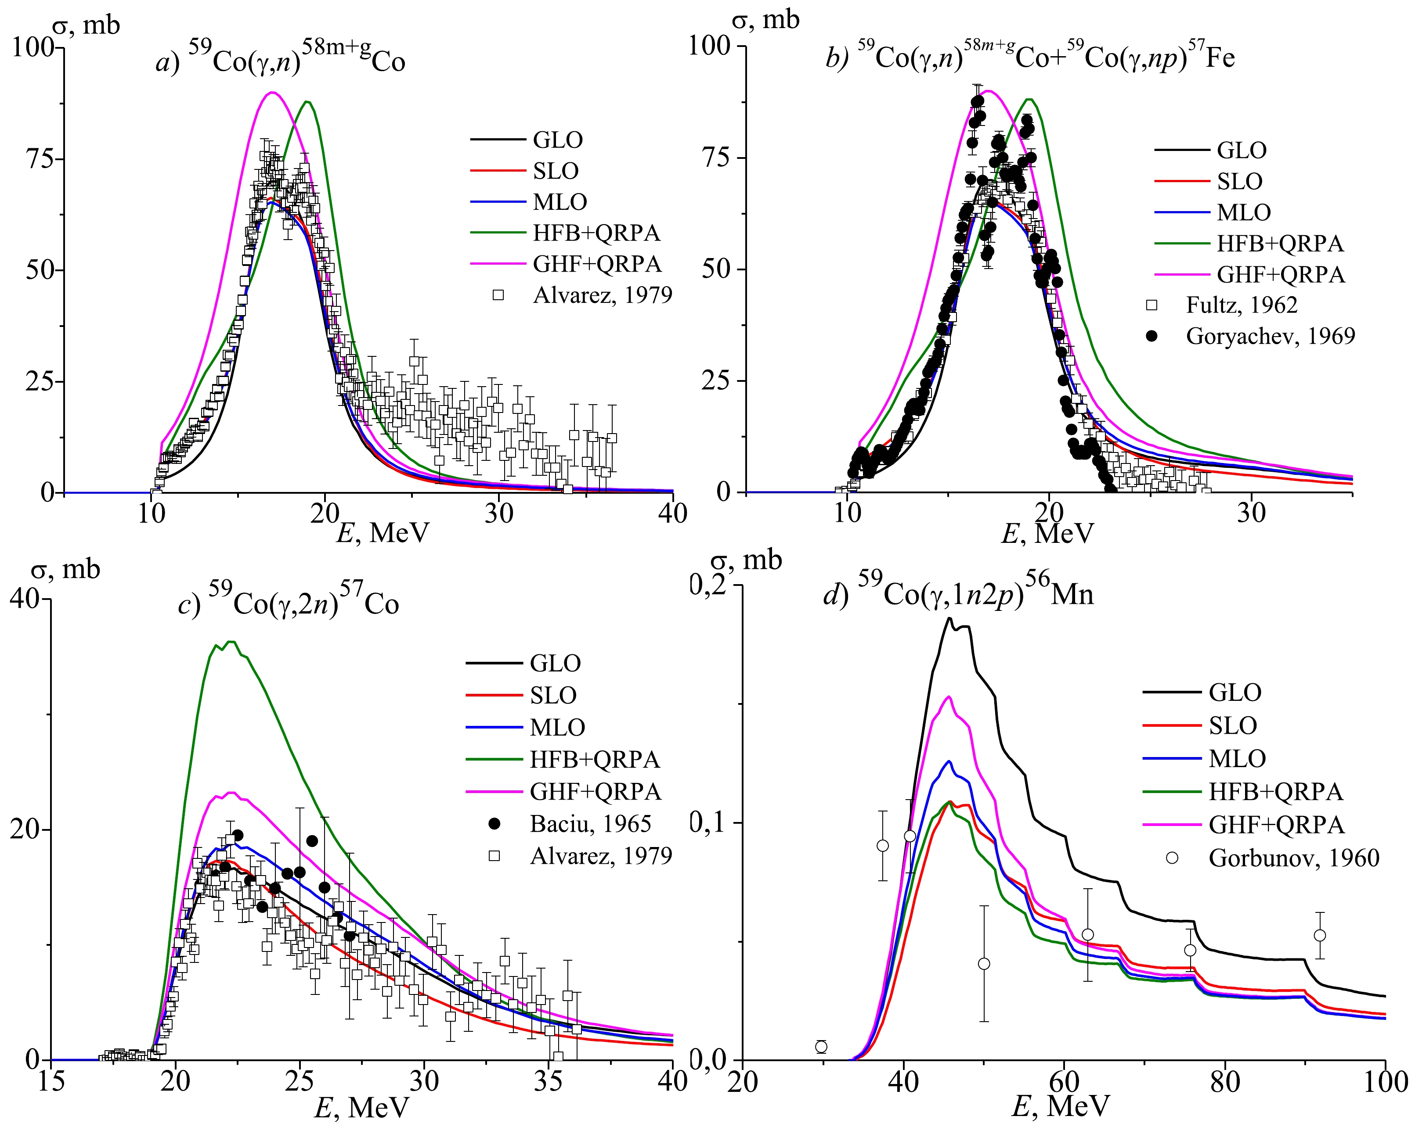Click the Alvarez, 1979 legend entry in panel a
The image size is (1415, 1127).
pyautogui.click(x=602, y=295)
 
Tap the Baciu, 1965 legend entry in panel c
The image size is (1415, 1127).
pyautogui.click(x=590, y=823)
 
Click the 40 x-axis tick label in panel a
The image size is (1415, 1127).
pyautogui.click(x=671, y=513)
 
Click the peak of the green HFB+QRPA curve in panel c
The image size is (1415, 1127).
pyautogui.click(x=230, y=642)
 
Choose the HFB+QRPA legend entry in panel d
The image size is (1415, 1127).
pyautogui.click(x=1275, y=791)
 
